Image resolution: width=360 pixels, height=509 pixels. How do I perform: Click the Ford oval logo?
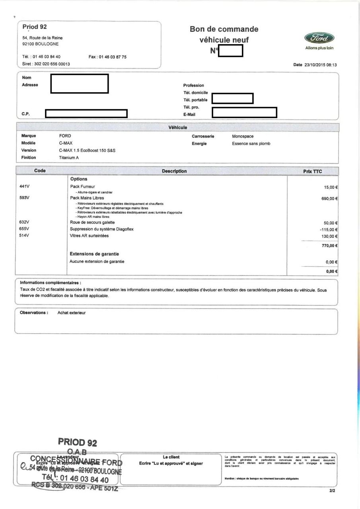point(319,38)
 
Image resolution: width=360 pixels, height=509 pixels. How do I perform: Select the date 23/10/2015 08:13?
point(323,65)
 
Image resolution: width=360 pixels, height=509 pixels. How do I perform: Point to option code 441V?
point(25,186)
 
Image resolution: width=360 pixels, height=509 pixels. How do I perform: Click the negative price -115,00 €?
point(329,230)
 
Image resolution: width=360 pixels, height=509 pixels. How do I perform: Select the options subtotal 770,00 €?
point(329,246)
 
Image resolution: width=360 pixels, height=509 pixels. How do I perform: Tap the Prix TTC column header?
point(312,171)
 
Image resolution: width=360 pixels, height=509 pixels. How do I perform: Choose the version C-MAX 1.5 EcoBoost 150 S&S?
point(87,150)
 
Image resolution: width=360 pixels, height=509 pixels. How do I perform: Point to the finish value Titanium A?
point(69,157)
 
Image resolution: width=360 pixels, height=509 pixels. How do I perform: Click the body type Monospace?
point(243,136)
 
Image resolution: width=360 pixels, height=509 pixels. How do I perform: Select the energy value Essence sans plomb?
point(251,144)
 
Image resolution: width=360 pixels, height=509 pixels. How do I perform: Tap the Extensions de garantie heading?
point(94,254)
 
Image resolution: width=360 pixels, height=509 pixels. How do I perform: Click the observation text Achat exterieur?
point(72,313)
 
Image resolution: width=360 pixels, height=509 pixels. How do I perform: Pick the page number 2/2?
point(332,491)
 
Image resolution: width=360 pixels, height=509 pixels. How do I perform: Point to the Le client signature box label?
point(171,457)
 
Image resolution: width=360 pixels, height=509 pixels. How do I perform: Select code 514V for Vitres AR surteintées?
point(25,236)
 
